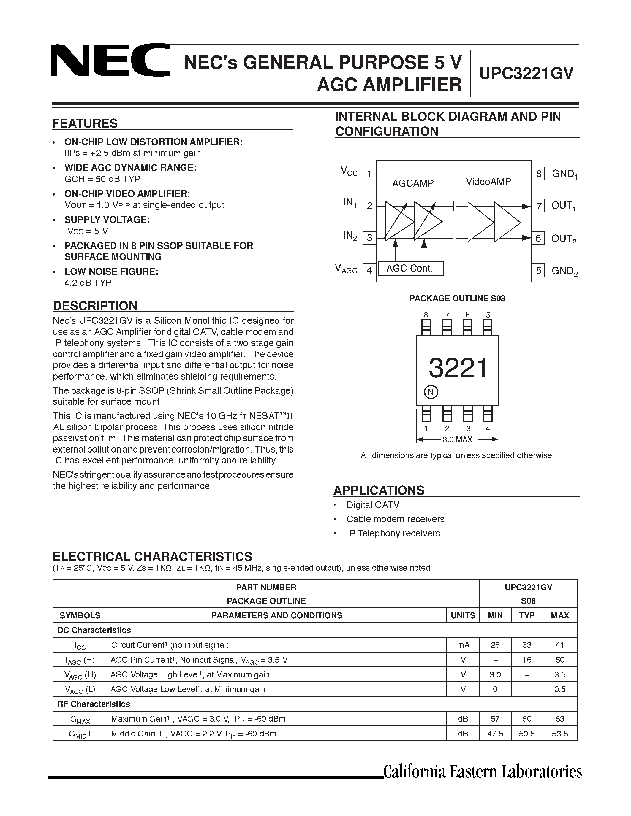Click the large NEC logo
point(110,60)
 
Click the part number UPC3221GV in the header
point(526,73)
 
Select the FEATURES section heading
point(85,123)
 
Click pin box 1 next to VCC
point(369,173)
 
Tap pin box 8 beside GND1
point(538,173)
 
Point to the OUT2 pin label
point(564,238)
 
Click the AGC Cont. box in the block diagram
point(410,268)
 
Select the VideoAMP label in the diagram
point(488,182)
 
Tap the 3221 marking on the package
point(458,368)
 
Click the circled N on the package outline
point(431,392)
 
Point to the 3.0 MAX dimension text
point(457,439)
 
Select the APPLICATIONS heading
point(379,490)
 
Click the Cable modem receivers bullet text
point(395,519)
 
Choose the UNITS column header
point(463,615)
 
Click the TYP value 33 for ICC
point(527,645)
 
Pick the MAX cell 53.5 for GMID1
point(560,734)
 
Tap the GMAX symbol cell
point(80,719)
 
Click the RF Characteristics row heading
point(94,704)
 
